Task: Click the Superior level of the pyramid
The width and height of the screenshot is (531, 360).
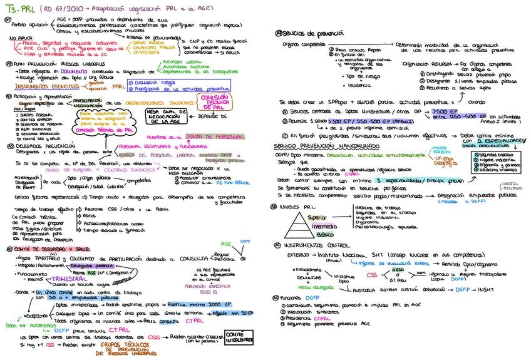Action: (x=317, y=216)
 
